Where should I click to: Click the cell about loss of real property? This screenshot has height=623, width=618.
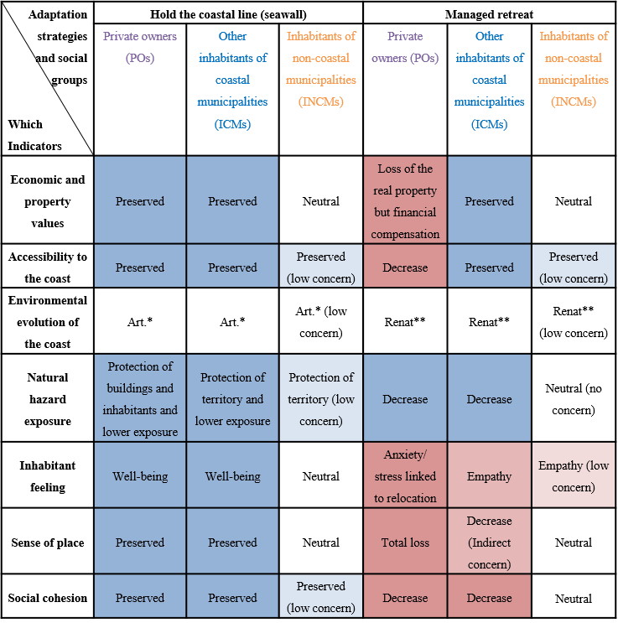[405, 201]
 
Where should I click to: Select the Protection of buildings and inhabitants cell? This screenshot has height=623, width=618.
[140, 399]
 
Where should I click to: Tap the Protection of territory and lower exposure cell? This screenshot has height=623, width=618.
[232, 399]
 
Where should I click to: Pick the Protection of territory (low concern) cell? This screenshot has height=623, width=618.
[321, 399]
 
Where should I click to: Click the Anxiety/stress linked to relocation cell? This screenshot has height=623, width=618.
[405, 476]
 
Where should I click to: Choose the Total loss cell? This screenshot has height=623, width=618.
[405, 543]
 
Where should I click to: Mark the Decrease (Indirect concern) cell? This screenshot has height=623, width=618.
[489, 543]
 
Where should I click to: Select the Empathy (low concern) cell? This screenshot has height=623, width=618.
[574, 476]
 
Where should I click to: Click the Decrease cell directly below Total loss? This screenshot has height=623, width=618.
[405, 598]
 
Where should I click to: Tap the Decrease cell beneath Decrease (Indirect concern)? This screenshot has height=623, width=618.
[489, 598]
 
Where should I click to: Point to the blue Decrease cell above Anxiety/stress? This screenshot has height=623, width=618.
[405, 399]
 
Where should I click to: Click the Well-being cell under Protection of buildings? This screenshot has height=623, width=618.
[140, 476]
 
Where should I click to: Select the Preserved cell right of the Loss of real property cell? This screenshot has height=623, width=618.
[489, 201]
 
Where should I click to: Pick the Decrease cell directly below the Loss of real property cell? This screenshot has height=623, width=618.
[405, 267]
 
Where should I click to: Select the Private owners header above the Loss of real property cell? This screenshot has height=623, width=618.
[405, 47]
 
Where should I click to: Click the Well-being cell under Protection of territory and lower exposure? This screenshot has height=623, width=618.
[232, 476]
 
